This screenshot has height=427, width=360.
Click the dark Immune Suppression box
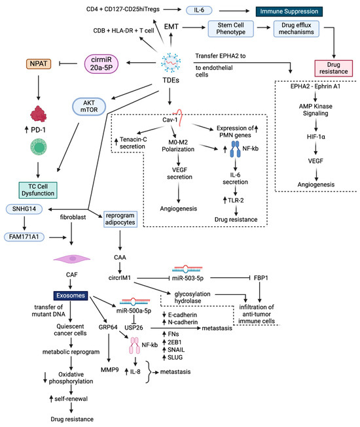pos(289,11)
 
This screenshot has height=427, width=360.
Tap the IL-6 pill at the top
pos(199,10)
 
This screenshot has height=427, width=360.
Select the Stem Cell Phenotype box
pos(230,29)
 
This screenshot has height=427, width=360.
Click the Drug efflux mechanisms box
pos(297,29)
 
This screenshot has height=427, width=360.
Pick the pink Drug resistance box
pos(334,68)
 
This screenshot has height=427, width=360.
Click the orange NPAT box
pos(39,63)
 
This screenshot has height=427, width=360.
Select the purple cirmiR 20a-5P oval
pos(101,63)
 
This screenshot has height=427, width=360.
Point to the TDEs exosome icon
pos(171,63)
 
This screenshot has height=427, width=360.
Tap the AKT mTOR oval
pos(89,107)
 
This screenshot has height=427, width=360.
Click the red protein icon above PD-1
pos(39,114)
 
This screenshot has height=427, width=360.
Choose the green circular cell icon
pos(39,146)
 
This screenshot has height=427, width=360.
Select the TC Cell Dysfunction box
pos(38,190)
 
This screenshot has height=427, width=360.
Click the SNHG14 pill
pos(24,209)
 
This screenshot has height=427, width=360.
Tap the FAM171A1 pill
pos(24,237)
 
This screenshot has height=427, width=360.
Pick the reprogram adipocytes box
pos(120,219)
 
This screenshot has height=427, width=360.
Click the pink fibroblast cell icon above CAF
pos(72,259)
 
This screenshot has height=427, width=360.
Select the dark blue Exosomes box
pos(71,296)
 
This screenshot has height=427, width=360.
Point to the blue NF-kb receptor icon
pos(235,149)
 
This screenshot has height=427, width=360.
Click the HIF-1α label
pos(316,137)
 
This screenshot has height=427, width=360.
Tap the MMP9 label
pos(109,370)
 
